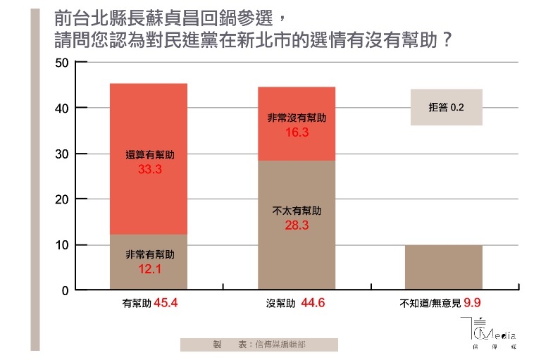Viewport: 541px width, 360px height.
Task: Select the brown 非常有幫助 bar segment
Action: click(x=148, y=278)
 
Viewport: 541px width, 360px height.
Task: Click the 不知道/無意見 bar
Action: click(x=444, y=268)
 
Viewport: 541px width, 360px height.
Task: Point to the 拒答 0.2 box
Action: click(x=446, y=107)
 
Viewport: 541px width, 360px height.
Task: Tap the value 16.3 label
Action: click(x=297, y=131)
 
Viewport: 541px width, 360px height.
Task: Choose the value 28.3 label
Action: click(x=297, y=225)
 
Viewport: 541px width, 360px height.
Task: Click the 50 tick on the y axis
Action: click(x=62, y=63)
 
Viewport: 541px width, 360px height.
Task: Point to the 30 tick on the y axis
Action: click(x=62, y=154)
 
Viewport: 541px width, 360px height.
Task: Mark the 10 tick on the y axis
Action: click(x=62, y=244)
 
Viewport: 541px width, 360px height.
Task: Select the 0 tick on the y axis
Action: click(x=64, y=290)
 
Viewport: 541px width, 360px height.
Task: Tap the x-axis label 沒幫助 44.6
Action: click(x=296, y=305)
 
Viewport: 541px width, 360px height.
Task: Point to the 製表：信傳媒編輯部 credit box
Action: click(x=259, y=345)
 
